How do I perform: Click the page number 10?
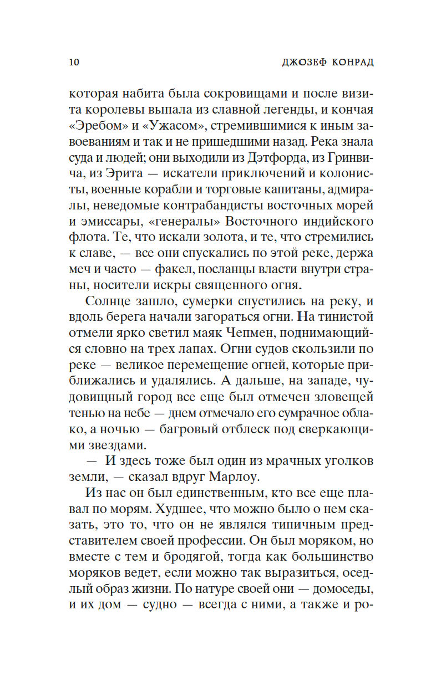[x=74, y=61]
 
